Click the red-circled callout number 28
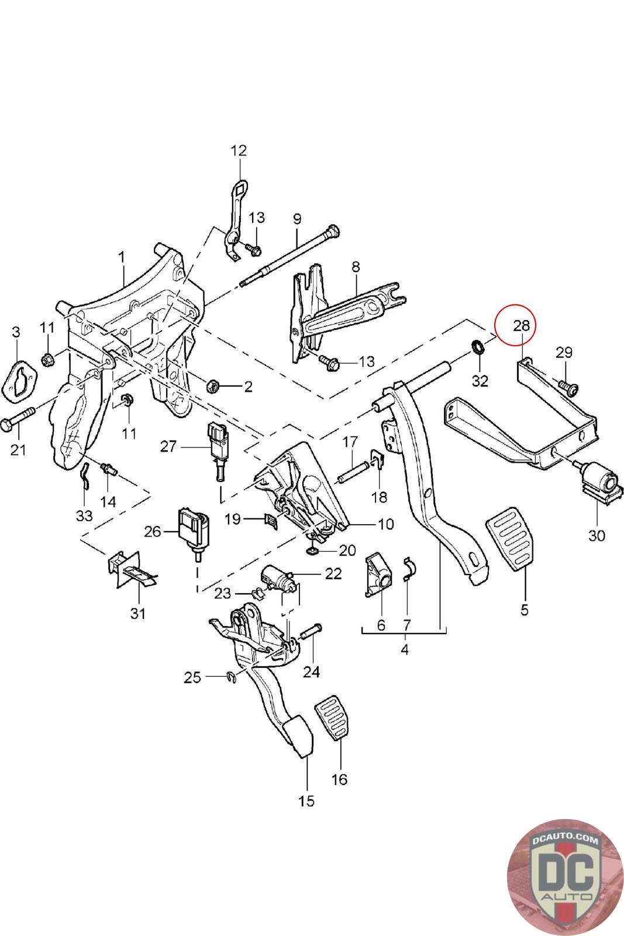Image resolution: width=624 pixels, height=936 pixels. (x=520, y=325)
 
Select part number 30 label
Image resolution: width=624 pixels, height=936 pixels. (x=597, y=535)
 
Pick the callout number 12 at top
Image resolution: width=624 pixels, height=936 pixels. (x=239, y=150)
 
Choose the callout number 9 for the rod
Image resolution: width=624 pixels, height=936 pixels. (x=297, y=219)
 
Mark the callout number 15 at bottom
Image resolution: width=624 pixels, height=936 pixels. (x=306, y=800)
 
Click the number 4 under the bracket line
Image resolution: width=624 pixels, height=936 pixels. (x=405, y=649)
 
